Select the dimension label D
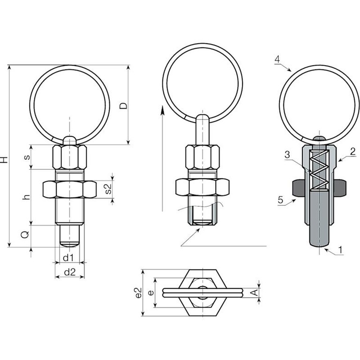124,105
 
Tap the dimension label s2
108,188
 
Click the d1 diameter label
68,258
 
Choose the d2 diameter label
70,272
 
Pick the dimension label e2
138,292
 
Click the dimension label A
254,292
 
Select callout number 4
277,59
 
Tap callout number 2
352,151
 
